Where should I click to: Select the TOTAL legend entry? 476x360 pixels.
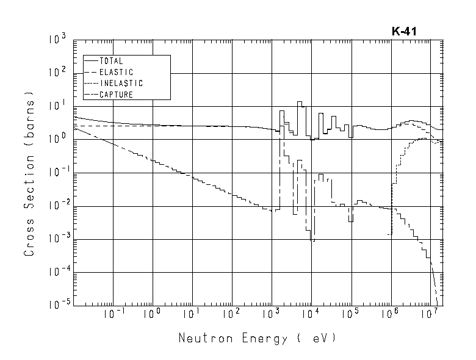[111, 61]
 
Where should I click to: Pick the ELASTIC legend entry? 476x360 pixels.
[116, 72]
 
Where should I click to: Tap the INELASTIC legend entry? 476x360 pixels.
[121, 83]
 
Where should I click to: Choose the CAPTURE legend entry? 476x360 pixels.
[116, 95]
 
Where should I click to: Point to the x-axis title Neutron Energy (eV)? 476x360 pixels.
[257, 337]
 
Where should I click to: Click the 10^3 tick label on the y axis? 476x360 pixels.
[59, 41]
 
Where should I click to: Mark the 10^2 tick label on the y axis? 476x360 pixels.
[59, 74]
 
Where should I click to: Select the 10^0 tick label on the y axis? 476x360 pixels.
[59, 140]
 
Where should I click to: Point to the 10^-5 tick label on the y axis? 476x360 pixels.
[57, 303]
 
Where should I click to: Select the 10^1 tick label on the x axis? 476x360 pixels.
[192, 315]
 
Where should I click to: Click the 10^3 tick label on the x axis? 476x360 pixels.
[271, 315]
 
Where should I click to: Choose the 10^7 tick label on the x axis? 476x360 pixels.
[430, 315]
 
